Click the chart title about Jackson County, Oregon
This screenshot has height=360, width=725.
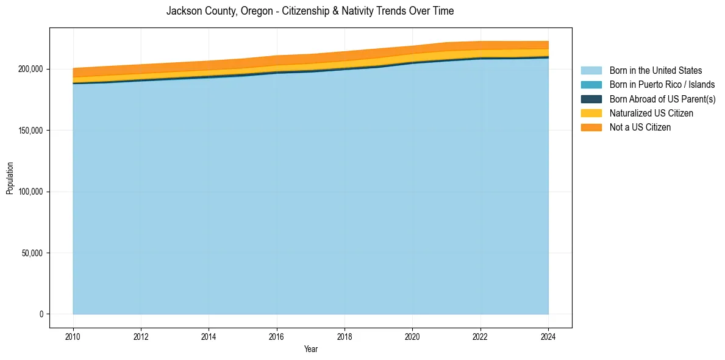(310, 11)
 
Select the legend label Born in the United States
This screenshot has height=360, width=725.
(655, 71)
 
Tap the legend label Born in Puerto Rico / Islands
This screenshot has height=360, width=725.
(662, 85)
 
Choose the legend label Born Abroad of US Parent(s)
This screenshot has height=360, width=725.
(662, 99)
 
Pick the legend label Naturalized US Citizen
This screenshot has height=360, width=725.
(651, 113)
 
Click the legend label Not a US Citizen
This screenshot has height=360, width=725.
(640, 127)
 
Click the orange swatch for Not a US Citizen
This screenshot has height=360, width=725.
(591, 127)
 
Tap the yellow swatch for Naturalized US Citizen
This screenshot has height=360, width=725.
(591, 113)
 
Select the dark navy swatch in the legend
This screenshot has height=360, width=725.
(591, 99)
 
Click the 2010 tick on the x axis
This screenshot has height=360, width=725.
(73, 336)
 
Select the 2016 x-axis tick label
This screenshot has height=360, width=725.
(277, 336)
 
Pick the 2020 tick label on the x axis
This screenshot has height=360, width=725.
(413, 336)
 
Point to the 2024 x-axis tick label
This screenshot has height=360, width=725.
(549, 336)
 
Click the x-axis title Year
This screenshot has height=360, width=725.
(310, 349)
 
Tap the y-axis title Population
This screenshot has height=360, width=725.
(10, 178)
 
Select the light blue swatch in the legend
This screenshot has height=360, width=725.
(591, 71)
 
